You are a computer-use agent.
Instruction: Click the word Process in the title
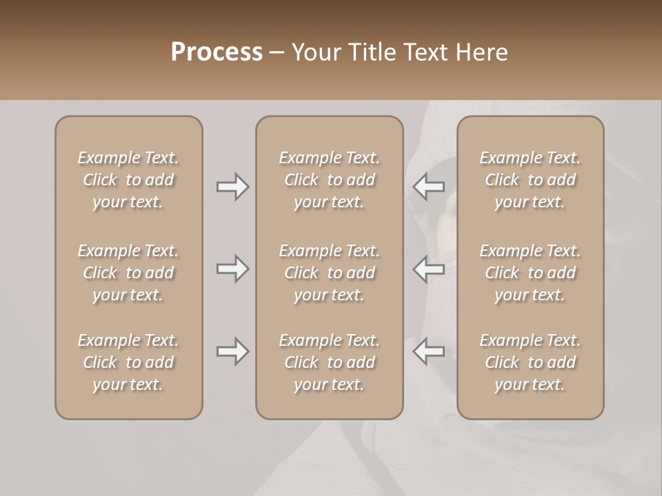[217, 52]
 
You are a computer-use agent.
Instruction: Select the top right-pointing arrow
[232, 187]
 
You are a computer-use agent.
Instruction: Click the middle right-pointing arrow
[232, 269]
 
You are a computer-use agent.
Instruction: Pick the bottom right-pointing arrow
[232, 351]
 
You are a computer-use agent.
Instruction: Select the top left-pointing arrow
[429, 187]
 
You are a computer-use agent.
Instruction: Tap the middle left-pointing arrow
[429, 269]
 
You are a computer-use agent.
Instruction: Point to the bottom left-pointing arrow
[429, 351]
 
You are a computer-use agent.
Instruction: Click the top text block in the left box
[128, 180]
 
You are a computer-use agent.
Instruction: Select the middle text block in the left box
[128, 273]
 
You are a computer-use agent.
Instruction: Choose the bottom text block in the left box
[128, 362]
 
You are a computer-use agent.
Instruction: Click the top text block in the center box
[329, 180]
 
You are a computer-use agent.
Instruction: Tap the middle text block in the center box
[329, 273]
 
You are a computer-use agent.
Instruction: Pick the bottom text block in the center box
[329, 362]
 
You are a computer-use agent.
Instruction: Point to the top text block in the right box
[530, 180]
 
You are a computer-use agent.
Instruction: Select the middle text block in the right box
[530, 273]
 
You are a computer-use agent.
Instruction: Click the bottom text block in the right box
[530, 362]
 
